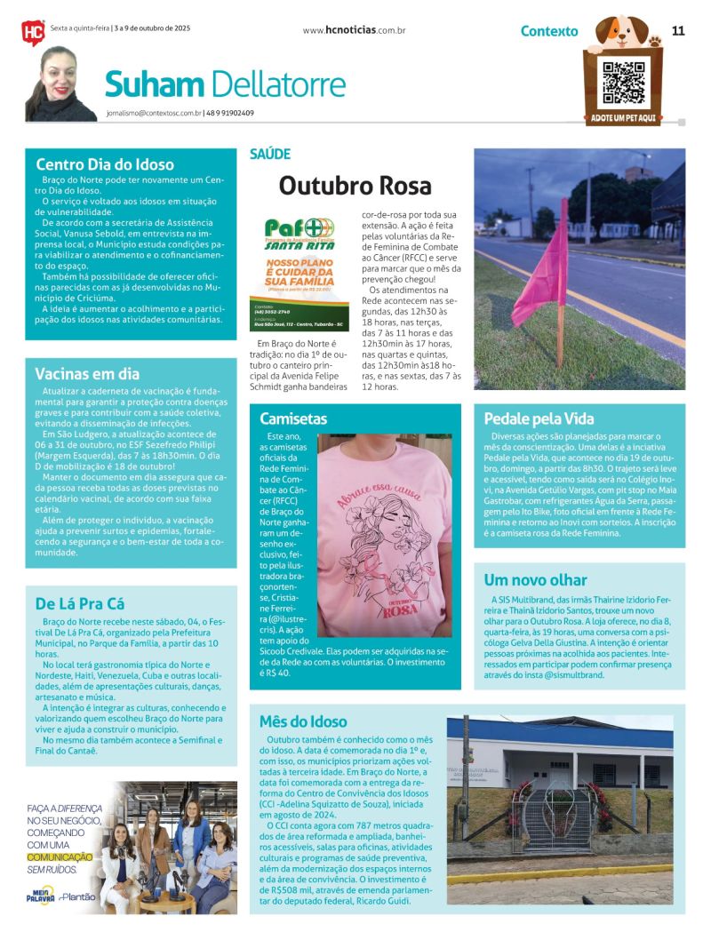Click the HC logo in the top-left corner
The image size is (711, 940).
click(32, 32)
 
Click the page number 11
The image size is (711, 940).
click(678, 30)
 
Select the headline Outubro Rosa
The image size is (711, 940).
click(355, 186)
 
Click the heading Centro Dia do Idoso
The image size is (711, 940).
click(105, 164)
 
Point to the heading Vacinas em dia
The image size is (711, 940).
click(87, 373)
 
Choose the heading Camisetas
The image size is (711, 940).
click(293, 418)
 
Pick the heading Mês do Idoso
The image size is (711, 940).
click(303, 721)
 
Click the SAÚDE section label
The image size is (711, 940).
click(270, 154)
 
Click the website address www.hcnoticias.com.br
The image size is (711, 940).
click(354, 30)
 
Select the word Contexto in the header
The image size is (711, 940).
click(549, 31)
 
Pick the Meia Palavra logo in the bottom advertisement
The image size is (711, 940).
click(41, 895)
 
